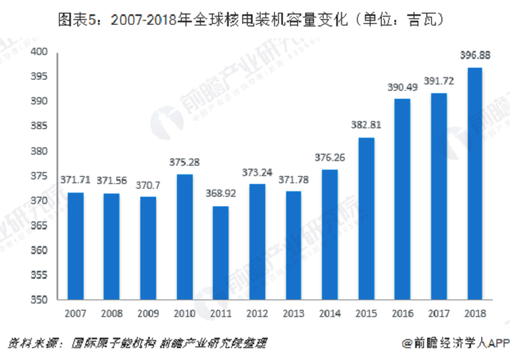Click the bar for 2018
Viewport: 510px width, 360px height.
click(x=474, y=184)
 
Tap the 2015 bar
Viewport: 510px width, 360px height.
click(x=365, y=219)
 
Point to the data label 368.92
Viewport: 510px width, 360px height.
click(x=220, y=195)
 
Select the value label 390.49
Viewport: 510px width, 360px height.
click(x=402, y=88)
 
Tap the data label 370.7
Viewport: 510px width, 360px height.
click(x=147, y=185)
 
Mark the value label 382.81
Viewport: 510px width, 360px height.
click(x=365, y=126)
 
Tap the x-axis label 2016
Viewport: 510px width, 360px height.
click(x=402, y=313)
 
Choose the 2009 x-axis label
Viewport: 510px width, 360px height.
click(x=147, y=313)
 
